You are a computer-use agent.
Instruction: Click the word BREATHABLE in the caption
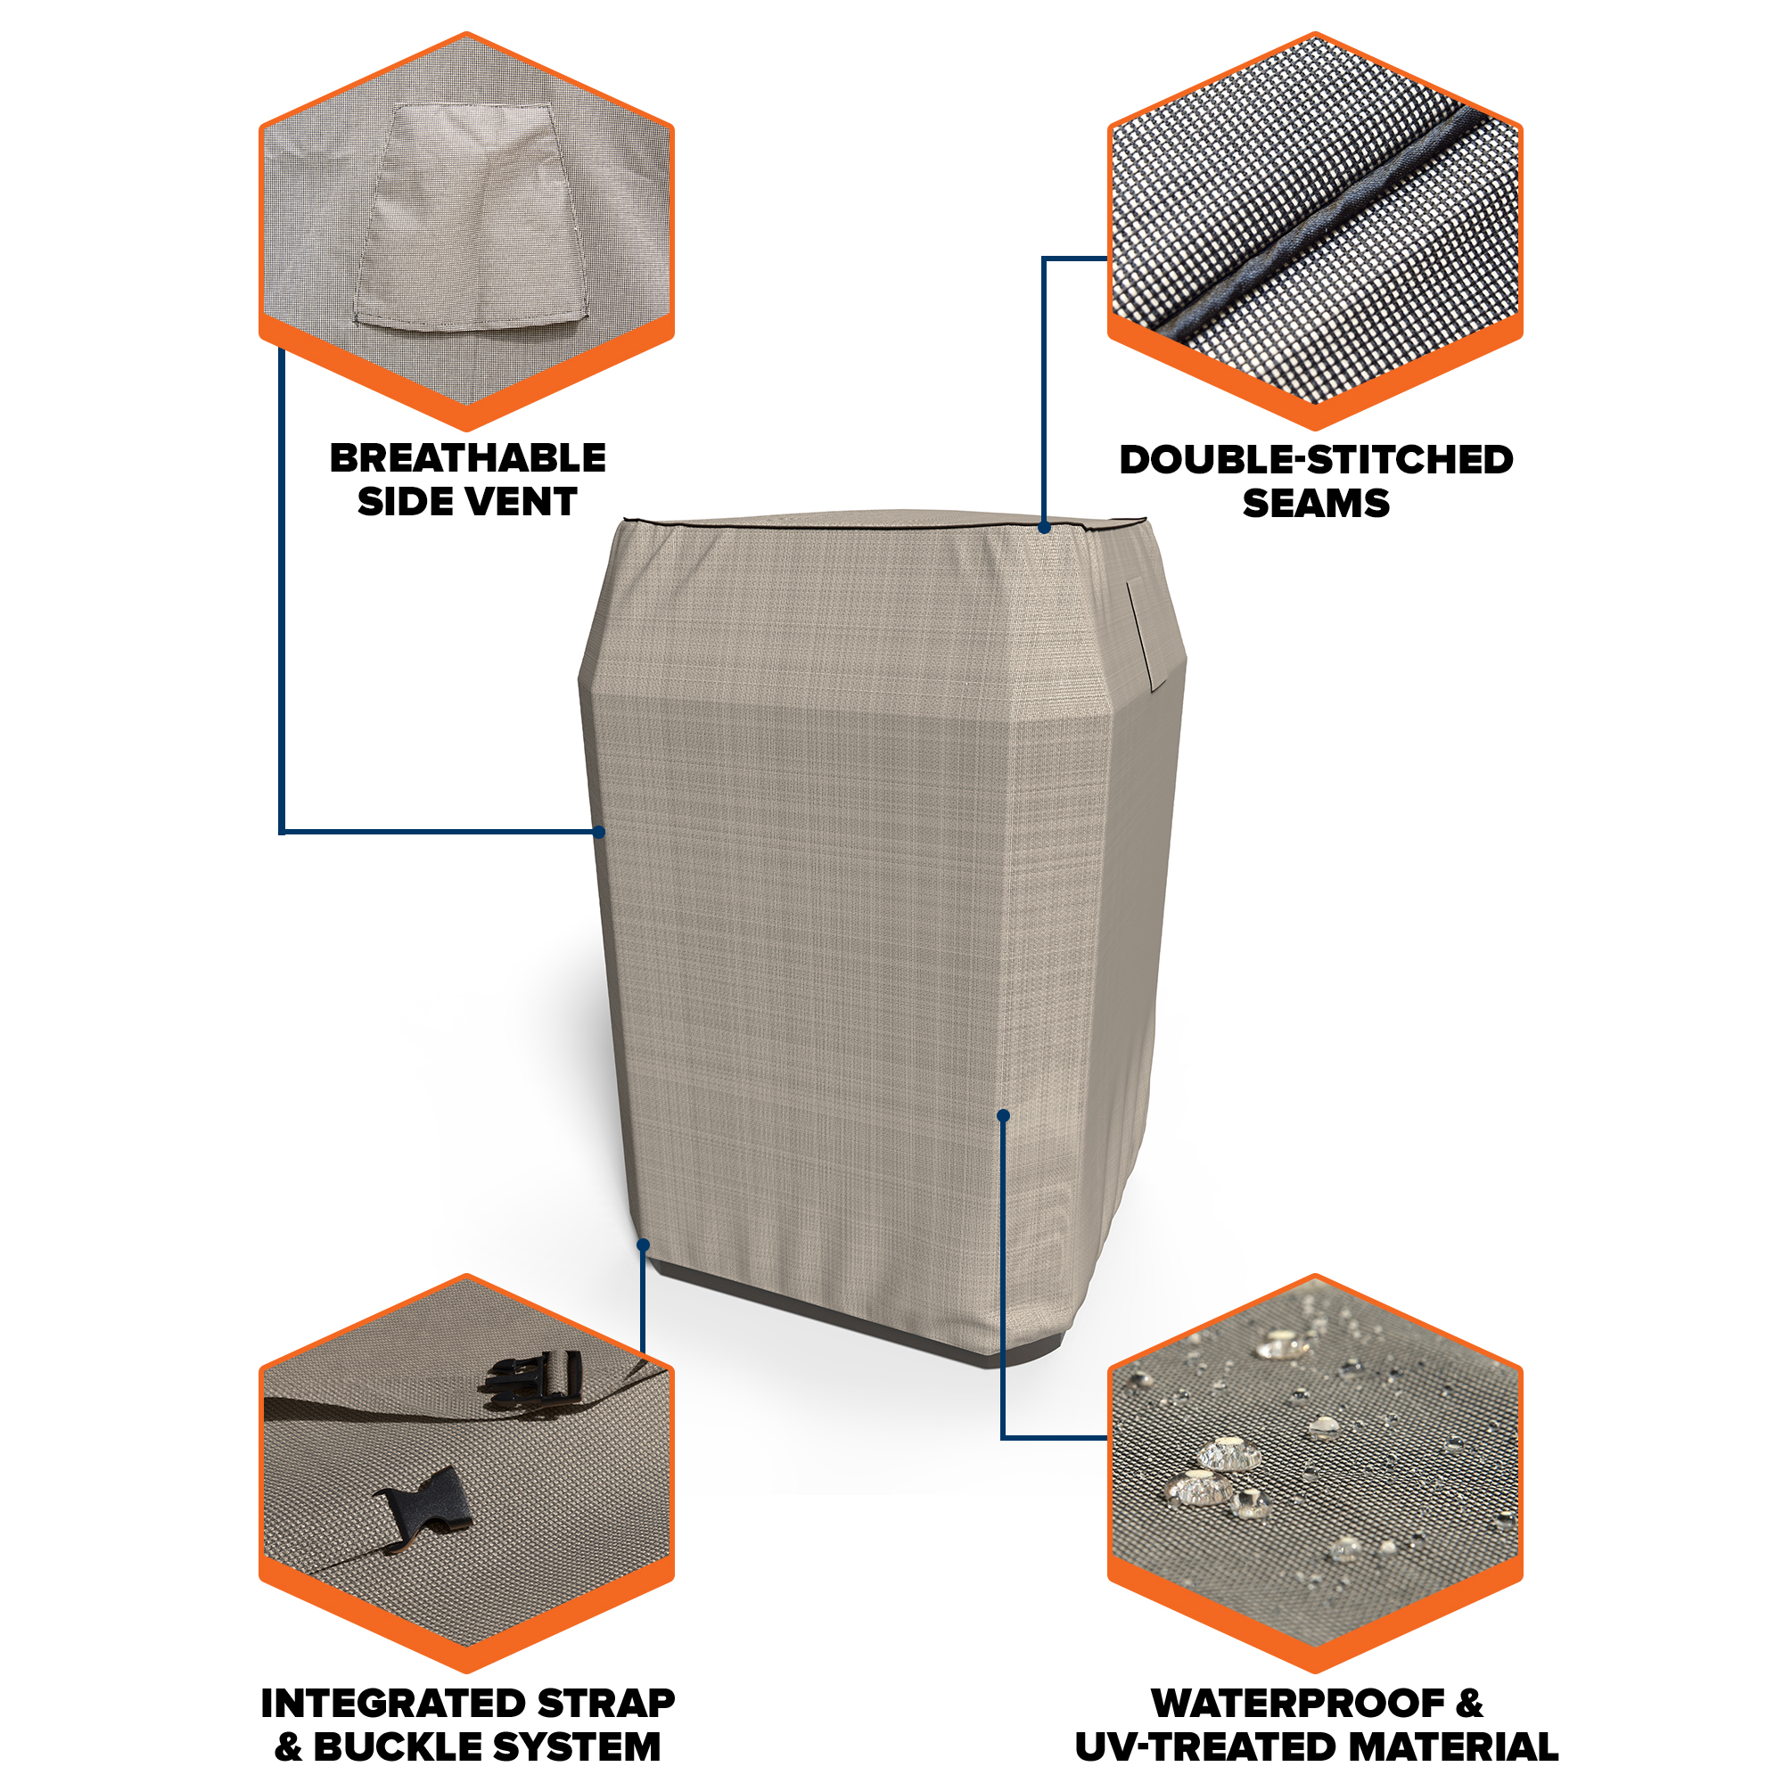tap(468, 457)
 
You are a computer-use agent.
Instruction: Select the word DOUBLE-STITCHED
tap(1316, 460)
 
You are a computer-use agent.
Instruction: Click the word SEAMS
tap(1316, 503)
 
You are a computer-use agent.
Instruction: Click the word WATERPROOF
tap(1299, 1704)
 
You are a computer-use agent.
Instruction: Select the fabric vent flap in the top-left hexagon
tap(471, 217)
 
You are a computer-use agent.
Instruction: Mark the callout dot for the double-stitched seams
tap(1044, 528)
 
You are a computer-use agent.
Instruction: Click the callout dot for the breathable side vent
tap(599, 833)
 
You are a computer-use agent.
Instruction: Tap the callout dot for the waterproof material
tap(1003, 1116)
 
